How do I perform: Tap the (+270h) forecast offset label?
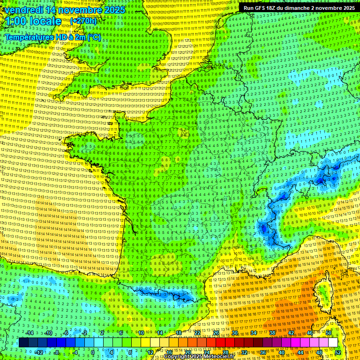pyautogui.click(x=83, y=21)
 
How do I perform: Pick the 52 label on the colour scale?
pyautogui.click(x=338, y=352)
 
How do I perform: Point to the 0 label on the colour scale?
pyautogui.click(x=93, y=352)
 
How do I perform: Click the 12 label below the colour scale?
pyautogui.click(x=150, y=352)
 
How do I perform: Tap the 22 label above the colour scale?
pyautogui.click(x=198, y=333)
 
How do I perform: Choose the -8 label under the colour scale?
pyautogui.click(x=57, y=352)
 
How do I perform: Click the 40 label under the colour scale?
pyautogui.click(x=281, y=352)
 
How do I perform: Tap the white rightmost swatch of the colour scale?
pyautogui.click(x=333, y=343)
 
